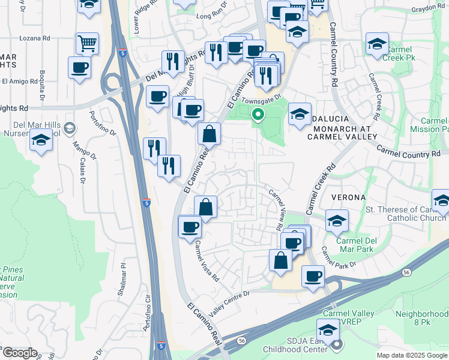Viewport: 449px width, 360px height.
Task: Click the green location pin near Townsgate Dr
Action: click(258, 114)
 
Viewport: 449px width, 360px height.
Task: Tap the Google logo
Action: click(19, 353)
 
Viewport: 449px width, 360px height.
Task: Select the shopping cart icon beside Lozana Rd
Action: click(87, 43)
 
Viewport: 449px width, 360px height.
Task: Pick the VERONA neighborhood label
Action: click(346, 197)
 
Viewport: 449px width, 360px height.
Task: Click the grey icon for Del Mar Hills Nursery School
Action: click(70, 127)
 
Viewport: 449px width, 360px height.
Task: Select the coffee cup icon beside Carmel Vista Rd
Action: click(190, 227)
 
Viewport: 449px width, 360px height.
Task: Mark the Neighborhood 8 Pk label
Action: click(423, 318)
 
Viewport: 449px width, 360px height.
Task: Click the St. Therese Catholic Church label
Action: click(405, 215)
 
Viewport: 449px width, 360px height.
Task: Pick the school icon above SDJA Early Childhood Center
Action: click(328, 330)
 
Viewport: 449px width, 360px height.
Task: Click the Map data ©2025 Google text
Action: click(411, 355)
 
